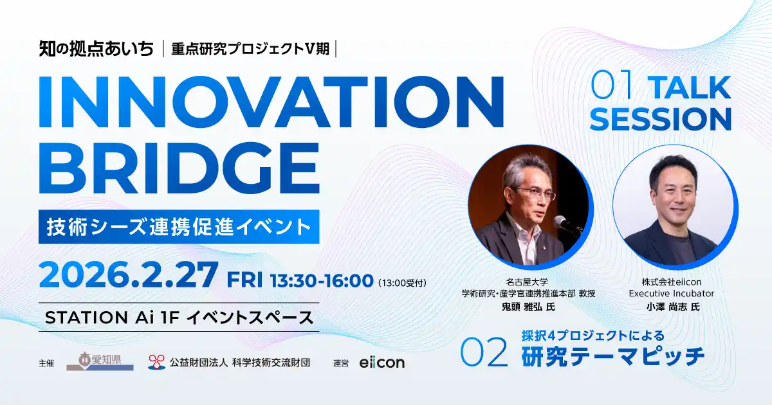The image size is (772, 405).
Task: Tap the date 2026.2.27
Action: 128,276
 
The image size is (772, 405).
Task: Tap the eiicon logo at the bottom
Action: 382,363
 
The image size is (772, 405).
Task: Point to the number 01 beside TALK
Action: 613,87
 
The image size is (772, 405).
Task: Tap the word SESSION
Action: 661,119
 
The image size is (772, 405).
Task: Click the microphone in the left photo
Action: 566,224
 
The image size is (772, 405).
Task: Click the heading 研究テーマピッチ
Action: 612,356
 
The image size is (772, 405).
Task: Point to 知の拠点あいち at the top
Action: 96,48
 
